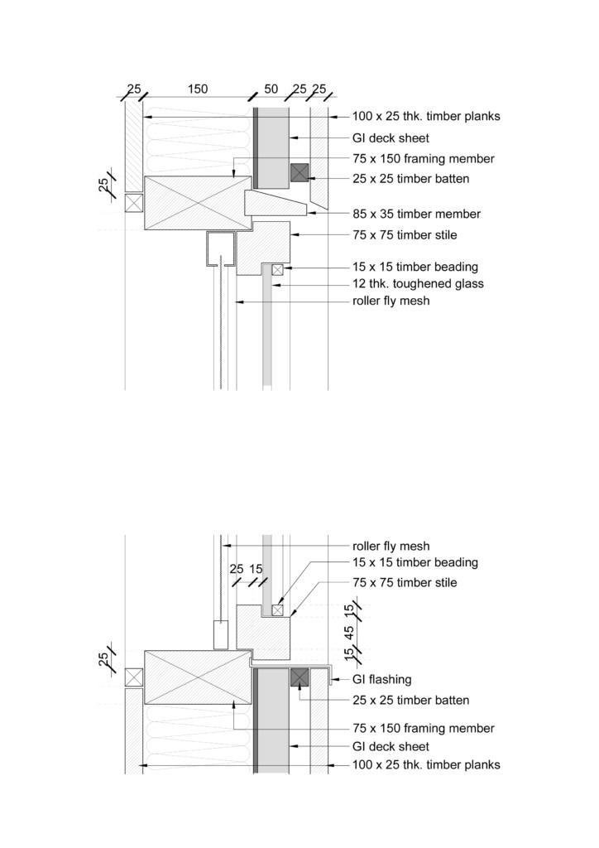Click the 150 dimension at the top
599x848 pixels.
click(198, 89)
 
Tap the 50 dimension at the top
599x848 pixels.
click(271, 89)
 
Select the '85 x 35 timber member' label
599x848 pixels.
click(416, 214)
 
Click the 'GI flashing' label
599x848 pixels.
click(382, 679)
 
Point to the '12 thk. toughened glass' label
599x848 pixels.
click(418, 283)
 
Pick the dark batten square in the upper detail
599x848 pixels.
click(299, 172)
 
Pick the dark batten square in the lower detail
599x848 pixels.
click(299, 677)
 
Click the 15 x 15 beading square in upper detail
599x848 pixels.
click(278, 269)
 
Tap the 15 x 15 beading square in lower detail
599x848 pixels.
click(278, 610)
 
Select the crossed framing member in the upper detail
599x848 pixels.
click(199, 203)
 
